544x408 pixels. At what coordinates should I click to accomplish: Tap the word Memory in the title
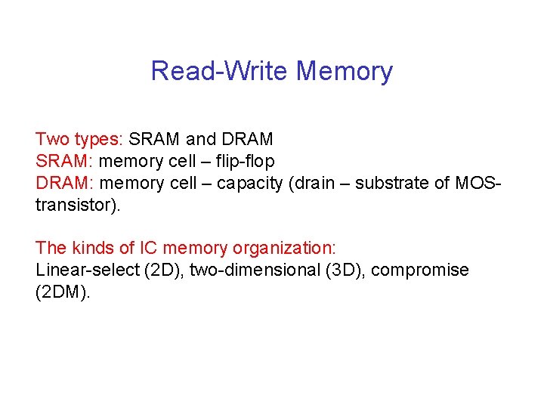click(345, 71)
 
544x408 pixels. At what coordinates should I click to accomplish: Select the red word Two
click(52, 139)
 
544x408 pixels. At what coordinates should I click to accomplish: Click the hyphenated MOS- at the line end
click(478, 183)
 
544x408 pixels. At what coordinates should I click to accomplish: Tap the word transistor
click(75, 205)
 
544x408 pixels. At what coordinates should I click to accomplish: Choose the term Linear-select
click(87, 270)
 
